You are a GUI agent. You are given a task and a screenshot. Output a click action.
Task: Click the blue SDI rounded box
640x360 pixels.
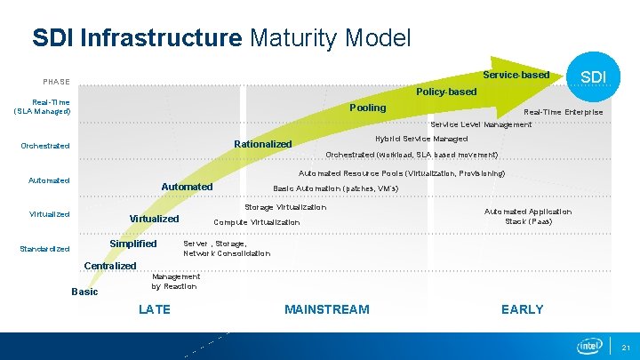click(x=594, y=77)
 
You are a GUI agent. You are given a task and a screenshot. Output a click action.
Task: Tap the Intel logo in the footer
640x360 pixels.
click(x=589, y=346)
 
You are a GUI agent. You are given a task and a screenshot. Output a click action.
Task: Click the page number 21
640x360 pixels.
click(x=626, y=347)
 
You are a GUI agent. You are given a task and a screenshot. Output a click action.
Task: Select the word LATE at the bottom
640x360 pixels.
click(x=155, y=309)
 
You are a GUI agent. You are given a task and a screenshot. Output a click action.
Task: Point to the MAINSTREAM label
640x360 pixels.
click(x=326, y=309)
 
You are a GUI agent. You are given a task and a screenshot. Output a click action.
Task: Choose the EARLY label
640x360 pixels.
click(x=522, y=309)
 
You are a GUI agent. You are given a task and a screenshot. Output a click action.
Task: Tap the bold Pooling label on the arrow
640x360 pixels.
click(x=367, y=108)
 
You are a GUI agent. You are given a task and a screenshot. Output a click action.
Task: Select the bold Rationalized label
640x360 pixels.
click(x=262, y=144)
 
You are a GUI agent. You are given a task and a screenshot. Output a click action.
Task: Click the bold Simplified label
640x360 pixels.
click(x=132, y=244)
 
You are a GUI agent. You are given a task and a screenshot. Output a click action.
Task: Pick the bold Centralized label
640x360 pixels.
click(x=110, y=266)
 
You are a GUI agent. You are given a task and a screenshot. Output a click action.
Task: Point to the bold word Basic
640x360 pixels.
click(x=84, y=292)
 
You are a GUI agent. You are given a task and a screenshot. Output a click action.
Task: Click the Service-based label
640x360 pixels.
click(x=516, y=75)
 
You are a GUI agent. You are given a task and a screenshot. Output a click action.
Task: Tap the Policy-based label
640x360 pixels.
click(x=446, y=92)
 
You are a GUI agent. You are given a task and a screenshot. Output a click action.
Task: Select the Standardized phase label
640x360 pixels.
click(x=44, y=249)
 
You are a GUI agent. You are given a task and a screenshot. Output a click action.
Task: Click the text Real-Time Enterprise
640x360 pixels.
click(x=563, y=112)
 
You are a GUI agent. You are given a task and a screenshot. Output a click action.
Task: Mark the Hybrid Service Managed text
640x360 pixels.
click(x=420, y=139)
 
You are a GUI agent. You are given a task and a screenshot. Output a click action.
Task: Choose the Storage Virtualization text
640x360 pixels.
click(x=285, y=207)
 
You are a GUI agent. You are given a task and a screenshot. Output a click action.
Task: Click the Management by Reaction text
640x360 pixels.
click(x=175, y=282)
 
